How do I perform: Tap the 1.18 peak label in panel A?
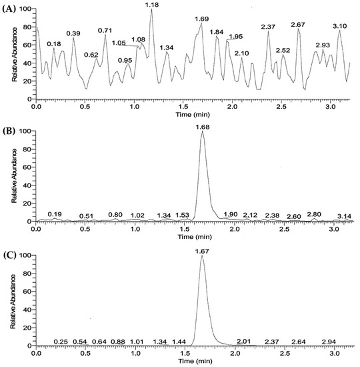point(152,5)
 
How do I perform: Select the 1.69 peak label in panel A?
point(202,19)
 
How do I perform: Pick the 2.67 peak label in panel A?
point(298,25)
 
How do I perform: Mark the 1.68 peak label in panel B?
point(202,126)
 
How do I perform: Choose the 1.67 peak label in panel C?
point(201,250)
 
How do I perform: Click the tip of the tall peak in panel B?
point(202,131)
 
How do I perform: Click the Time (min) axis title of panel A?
point(192,115)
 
